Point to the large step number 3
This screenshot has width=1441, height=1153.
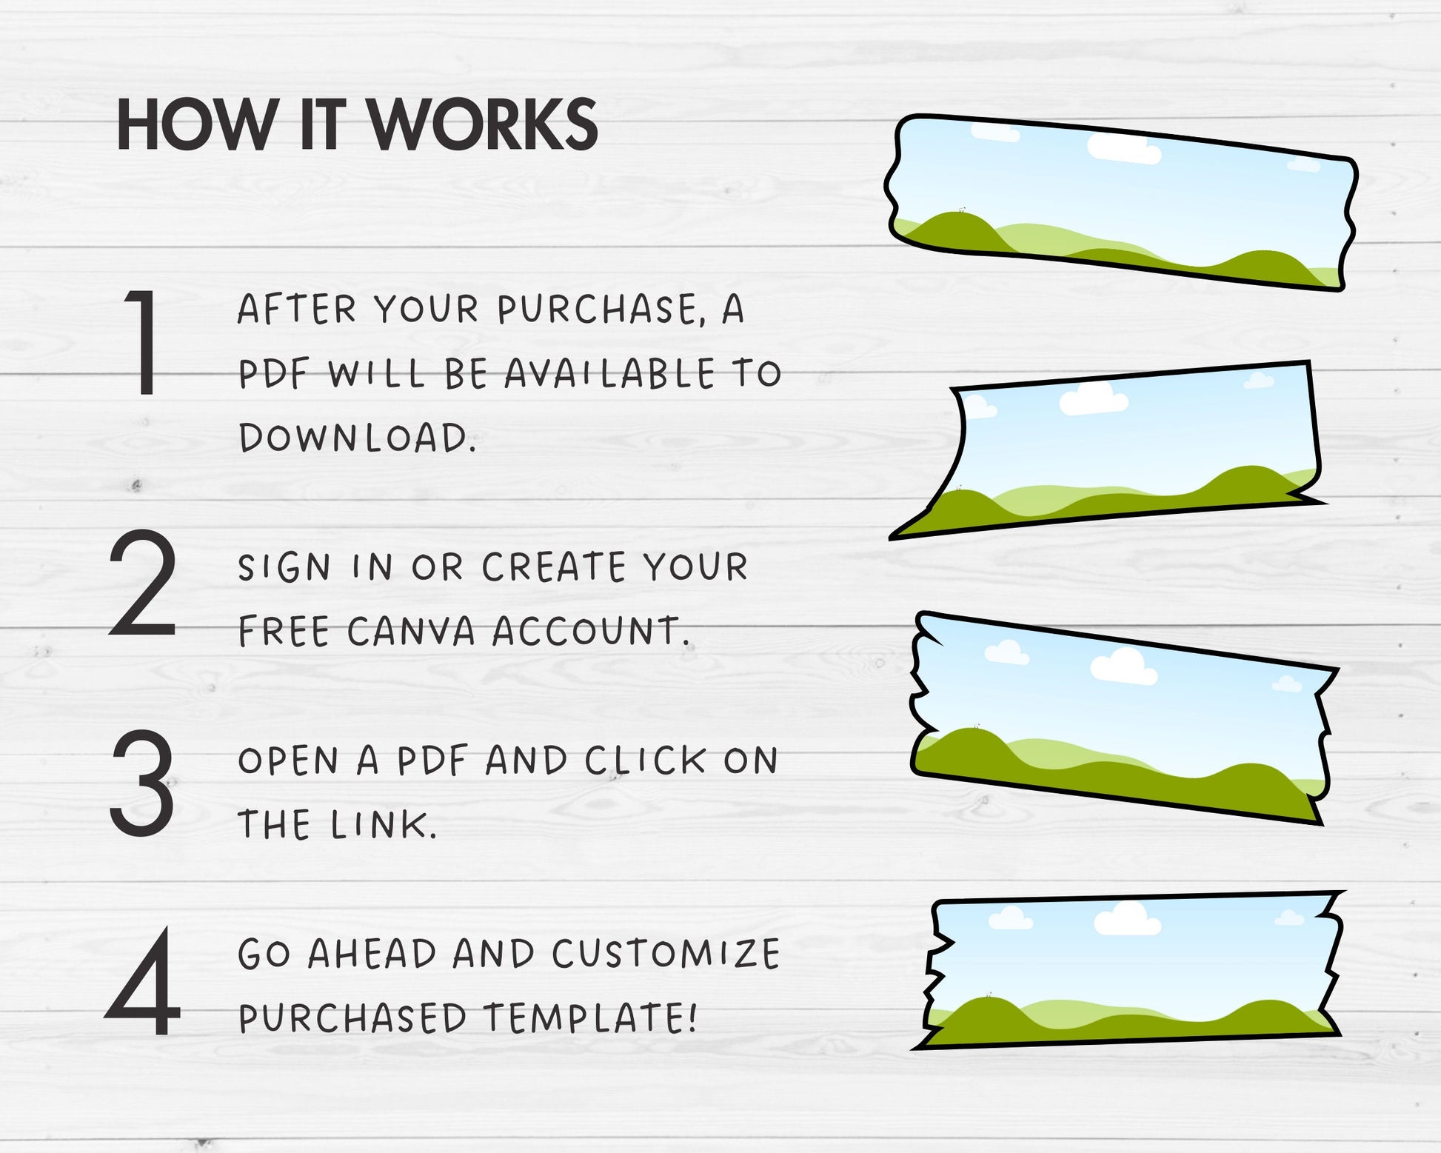pyautogui.click(x=141, y=783)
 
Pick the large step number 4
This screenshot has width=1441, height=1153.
pyautogui.click(x=143, y=982)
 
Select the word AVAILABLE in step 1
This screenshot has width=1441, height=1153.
pyautogui.click(x=609, y=374)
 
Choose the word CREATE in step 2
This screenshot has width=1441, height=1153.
pyautogui.click(x=554, y=568)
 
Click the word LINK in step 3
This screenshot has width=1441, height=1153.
pyautogui.click(x=379, y=825)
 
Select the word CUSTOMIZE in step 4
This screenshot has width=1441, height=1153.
pyautogui.click(x=666, y=954)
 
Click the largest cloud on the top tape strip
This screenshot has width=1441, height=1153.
pyautogui.click(x=1124, y=149)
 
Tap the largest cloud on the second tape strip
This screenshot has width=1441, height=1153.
pyautogui.click(x=1094, y=399)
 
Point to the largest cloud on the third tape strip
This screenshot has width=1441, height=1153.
pyautogui.click(x=1123, y=667)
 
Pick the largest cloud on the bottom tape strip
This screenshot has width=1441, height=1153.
pyautogui.click(x=1127, y=919)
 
